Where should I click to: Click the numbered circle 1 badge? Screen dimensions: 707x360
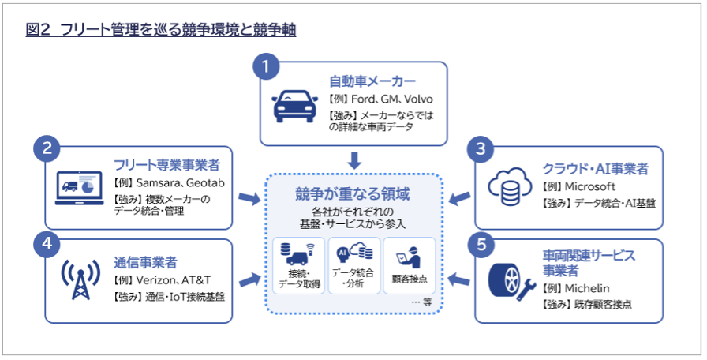pyautogui.click(x=266, y=67)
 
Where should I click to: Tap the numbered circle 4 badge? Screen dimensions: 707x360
pyautogui.click(x=47, y=244)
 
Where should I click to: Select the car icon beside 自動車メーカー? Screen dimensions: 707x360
pyautogui.click(x=295, y=106)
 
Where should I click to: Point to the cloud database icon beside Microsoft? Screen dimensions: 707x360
pyautogui.click(x=510, y=187)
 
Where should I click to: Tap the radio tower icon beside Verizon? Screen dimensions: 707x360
pyautogui.click(x=80, y=279)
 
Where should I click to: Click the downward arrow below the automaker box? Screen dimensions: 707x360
pyautogui.click(x=354, y=160)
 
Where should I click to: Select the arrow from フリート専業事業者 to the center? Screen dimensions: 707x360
pyautogui.click(x=249, y=198)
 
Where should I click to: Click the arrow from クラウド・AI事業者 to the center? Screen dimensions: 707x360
pyautogui.click(x=459, y=197)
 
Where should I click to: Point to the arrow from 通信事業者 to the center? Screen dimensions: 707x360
pyautogui.click(x=250, y=280)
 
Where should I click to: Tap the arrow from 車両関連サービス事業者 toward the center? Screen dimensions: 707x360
pyautogui.click(x=459, y=279)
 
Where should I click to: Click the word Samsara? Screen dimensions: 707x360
pyautogui.click(x=156, y=182)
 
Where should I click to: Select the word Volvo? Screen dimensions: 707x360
pyautogui.click(x=418, y=99)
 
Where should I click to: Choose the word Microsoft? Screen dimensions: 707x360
pyautogui.click(x=589, y=186)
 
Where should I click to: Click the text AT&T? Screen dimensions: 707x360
pyautogui.click(x=196, y=280)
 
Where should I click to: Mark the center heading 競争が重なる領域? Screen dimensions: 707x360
pyautogui.click(x=353, y=193)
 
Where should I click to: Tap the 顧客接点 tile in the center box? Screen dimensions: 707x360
pyautogui.click(x=410, y=265)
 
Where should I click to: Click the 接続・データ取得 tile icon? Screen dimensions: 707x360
pyautogui.click(x=297, y=254)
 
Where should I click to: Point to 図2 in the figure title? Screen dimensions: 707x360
pyautogui.click(x=39, y=30)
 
